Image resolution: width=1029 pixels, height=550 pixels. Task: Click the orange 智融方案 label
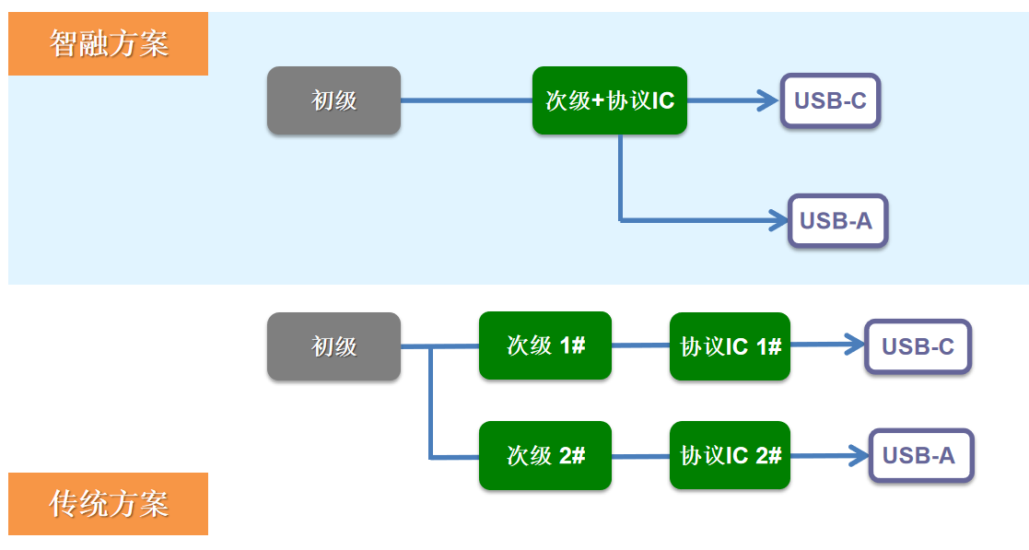tap(108, 43)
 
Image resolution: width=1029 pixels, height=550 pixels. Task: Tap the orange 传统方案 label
tap(108, 503)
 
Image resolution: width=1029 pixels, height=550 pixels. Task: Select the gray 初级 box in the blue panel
tap(333, 100)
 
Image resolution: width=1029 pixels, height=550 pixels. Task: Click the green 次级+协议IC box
tap(609, 100)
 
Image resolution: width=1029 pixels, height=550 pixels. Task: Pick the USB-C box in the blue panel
tap(830, 100)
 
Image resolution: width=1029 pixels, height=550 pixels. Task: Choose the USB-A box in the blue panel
tap(836, 220)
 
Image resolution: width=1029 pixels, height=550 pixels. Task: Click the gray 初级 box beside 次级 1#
tap(333, 346)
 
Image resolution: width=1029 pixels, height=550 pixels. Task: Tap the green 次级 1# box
tap(544, 345)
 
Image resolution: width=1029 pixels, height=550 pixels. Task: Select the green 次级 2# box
tap(544, 455)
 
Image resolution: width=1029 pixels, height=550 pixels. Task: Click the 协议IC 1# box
tap(730, 346)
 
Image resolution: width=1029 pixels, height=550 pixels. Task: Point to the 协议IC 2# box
tap(730, 455)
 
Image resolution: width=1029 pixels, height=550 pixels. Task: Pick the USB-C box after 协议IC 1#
tap(918, 346)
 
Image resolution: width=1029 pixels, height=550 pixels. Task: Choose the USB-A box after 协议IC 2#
tap(920, 455)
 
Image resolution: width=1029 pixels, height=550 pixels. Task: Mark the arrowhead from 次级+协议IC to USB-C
tap(769, 100)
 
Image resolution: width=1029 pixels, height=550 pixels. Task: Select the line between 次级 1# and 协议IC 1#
tap(640, 346)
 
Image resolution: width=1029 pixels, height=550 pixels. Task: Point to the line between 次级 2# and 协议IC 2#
tap(640, 456)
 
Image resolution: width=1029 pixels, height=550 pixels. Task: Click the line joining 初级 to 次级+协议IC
tap(466, 100)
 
